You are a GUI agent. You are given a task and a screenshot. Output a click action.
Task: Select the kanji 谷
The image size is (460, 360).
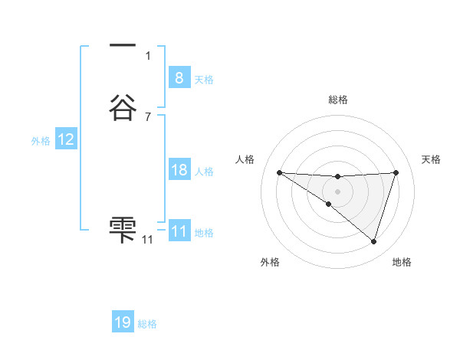point(123,108)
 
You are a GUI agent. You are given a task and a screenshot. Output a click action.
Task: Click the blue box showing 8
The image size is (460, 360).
point(179,77)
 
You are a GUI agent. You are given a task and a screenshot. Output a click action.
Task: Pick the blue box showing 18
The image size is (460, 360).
point(179,170)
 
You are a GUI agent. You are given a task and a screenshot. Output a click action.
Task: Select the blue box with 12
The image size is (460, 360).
point(66,139)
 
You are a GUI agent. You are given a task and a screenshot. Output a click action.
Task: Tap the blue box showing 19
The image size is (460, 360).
point(123,322)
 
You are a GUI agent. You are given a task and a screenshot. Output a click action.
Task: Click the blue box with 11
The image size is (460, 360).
point(179,231)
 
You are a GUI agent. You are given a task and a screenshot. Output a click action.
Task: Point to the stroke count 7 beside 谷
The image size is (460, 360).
point(147,117)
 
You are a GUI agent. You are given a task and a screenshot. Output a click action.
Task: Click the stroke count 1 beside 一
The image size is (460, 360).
point(147,55)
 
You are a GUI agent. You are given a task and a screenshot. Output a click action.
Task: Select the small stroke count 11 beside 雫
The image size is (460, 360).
point(147,240)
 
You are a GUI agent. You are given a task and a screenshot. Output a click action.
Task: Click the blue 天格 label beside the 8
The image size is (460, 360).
point(204,79)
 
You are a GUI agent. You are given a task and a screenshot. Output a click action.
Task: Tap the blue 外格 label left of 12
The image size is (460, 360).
point(41,141)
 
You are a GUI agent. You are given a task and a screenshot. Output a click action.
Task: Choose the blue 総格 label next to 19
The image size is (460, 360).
point(148,324)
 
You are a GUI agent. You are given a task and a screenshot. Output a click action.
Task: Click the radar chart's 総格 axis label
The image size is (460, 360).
point(337,100)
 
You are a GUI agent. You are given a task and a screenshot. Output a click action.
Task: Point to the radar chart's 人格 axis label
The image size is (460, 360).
point(245,159)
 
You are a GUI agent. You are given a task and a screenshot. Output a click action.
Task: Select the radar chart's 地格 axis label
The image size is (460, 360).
point(402,262)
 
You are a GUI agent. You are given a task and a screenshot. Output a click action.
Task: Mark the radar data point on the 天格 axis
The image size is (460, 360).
point(396,172)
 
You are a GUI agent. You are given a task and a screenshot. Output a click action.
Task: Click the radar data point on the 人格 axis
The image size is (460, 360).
point(279,172)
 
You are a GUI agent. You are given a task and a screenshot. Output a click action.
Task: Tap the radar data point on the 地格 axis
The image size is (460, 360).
point(373,241)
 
